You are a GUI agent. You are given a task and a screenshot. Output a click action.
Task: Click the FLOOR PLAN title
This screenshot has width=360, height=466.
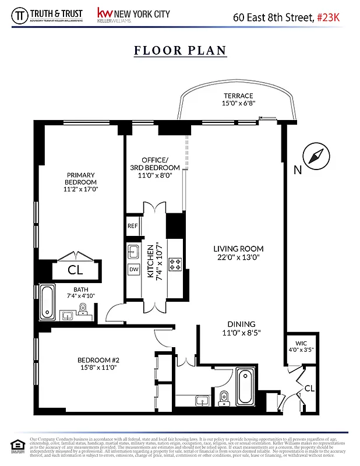(x=180, y=50)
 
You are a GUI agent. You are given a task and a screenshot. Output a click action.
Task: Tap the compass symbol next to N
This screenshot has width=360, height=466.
(x=315, y=156)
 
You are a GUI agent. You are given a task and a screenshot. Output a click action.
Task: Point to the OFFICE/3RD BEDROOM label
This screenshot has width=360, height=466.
(x=154, y=167)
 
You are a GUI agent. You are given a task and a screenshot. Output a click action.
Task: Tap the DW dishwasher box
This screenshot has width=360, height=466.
(x=133, y=270)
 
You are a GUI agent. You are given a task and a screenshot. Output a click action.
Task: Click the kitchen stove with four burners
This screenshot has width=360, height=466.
(x=175, y=265)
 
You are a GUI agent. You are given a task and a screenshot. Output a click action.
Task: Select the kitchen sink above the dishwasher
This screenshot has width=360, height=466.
(x=133, y=251)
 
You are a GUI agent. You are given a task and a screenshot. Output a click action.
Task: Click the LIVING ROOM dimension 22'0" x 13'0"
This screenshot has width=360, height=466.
(x=238, y=256)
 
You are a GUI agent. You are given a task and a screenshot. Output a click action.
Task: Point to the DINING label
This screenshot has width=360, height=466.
(x=241, y=324)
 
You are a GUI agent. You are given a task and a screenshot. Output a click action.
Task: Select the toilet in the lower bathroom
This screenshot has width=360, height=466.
(x=224, y=398)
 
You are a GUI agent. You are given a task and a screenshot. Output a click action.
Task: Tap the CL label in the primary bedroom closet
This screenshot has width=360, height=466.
(x=75, y=270)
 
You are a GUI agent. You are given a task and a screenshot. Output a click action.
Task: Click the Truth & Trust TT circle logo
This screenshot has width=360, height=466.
(x=22, y=16)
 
